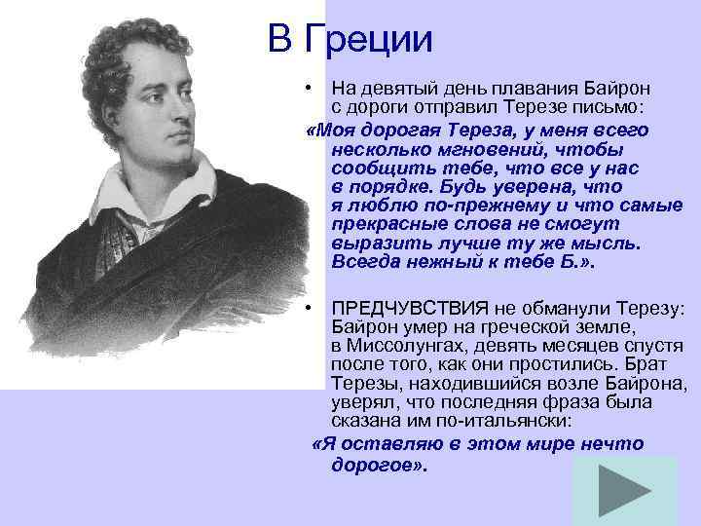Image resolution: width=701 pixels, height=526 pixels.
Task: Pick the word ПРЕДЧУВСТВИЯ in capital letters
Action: tap(400, 309)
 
